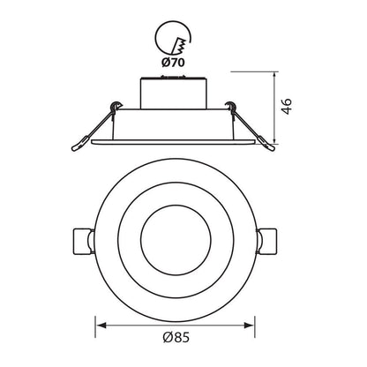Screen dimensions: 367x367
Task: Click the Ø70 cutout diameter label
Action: [x=173, y=63]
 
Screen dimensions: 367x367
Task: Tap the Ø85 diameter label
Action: [x=176, y=337]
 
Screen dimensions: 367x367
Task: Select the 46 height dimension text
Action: [x=287, y=106]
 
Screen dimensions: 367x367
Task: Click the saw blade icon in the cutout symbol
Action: [x=180, y=47]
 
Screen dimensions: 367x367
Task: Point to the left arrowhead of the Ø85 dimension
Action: [x=101, y=326]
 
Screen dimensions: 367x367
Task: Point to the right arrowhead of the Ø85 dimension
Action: [x=250, y=326]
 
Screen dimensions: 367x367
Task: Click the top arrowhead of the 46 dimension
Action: [x=274, y=77]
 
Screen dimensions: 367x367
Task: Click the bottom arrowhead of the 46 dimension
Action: [x=274, y=139]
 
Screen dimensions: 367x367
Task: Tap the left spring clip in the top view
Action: [x=84, y=241]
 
